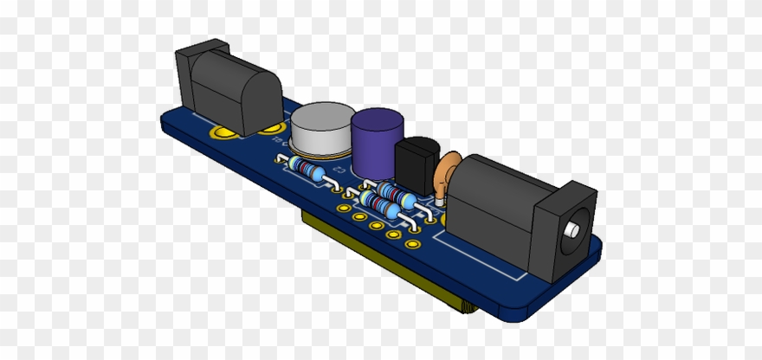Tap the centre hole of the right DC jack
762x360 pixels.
pyautogui.click(x=573, y=230)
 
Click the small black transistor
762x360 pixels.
pyautogui.click(x=416, y=164)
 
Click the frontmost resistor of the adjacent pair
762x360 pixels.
pyautogui.click(x=381, y=206)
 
